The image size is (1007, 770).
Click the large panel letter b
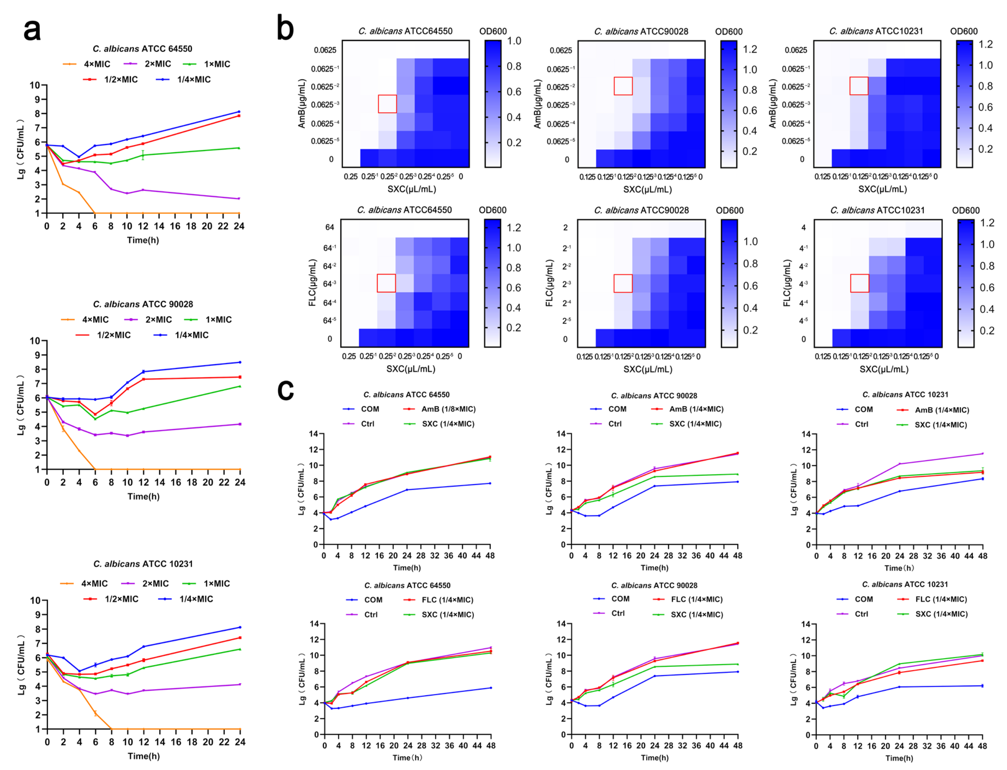point(285,28)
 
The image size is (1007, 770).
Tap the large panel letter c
point(285,390)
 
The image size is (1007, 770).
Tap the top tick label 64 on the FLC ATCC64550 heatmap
point(330,227)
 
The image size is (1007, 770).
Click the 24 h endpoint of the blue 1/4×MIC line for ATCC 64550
point(239,112)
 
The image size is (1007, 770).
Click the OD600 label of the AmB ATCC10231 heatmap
point(964,31)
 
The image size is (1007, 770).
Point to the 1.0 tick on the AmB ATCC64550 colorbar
point(514,41)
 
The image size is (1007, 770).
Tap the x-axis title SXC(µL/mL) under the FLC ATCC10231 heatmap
point(884,369)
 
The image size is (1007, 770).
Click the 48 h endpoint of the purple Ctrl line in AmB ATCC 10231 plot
point(982,454)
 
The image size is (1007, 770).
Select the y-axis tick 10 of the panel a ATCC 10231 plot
point(35,601)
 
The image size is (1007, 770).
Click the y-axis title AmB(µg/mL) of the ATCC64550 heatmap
point(302,104)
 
